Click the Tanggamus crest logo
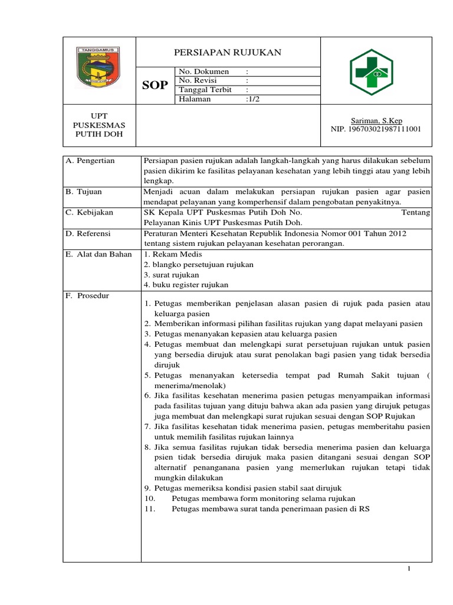(99, 70)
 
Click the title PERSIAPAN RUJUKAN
(228, 53)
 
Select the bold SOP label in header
(155, 86)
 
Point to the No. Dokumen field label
(203, 71)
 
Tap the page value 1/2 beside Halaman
(253, 99)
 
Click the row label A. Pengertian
(90, 161)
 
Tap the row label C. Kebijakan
(89, 212)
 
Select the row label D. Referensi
(88, 233)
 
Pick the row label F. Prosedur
(87, 295)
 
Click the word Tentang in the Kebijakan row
(415, 212)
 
